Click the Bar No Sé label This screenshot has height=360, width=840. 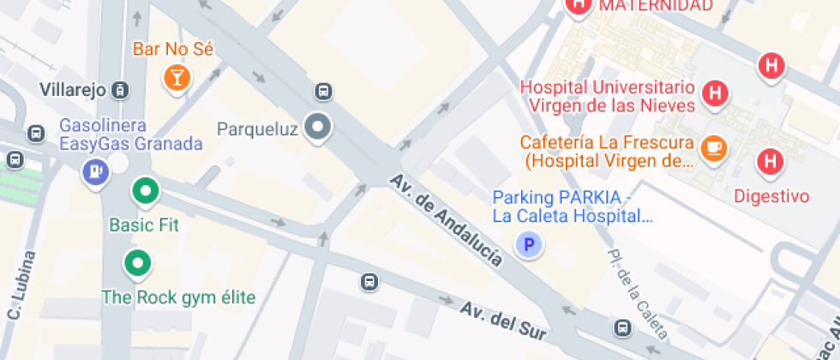tap(172, 49)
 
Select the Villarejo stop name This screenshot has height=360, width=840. tap(72, 90)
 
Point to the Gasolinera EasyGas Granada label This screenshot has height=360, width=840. tap(130, 135)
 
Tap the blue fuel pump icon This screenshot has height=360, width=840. tap(94, 171)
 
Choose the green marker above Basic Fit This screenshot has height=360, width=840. tap(145, 191)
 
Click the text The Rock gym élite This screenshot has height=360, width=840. tap(178, 297)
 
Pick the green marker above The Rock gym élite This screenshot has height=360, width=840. tap(136, 262)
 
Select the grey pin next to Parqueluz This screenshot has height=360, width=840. tap(320, 129)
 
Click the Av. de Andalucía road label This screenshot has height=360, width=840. tap(446, 222)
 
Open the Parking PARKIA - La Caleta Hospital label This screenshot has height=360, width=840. tap(573, 207)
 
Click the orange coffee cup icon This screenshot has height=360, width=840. tap(713, 148)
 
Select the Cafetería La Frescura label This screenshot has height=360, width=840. tap(608, 151)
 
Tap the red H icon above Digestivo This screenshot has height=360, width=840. tap(771, 160)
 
